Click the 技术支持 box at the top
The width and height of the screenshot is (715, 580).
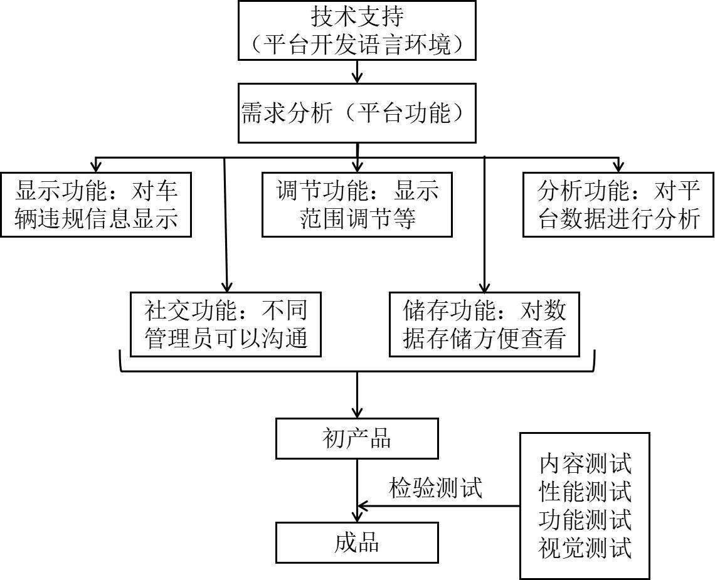(x=357, y=30)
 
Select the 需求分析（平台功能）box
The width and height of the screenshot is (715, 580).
(x=357, y=115)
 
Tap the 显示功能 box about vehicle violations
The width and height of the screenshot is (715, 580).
(x=96, y=204)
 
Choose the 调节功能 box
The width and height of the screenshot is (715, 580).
(x=357, y=204)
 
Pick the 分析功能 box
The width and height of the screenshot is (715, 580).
(x=618, y=204)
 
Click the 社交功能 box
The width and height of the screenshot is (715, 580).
(x=226, y=324)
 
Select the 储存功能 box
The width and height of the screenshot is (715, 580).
(x=485, y=324)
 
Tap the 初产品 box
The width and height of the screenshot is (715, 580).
(x=357, y=439)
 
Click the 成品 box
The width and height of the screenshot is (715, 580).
(x=357, y=543)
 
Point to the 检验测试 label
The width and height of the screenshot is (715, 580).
(x=436, y=488)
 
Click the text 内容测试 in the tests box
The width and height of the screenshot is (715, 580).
(x=585, y=464)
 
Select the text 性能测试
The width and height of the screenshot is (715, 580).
(x=585, y=492)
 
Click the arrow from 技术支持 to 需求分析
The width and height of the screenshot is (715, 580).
(x=357, y=73)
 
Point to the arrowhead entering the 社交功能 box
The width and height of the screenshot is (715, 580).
(x=226, y=286)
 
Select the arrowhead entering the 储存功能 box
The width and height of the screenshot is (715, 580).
(x=485, y=286)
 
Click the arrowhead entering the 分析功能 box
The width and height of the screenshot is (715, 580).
(x=618, y=167)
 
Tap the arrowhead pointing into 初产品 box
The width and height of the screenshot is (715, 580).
(x=357, y=413)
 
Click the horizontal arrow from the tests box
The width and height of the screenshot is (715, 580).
(x=439, y=506)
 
